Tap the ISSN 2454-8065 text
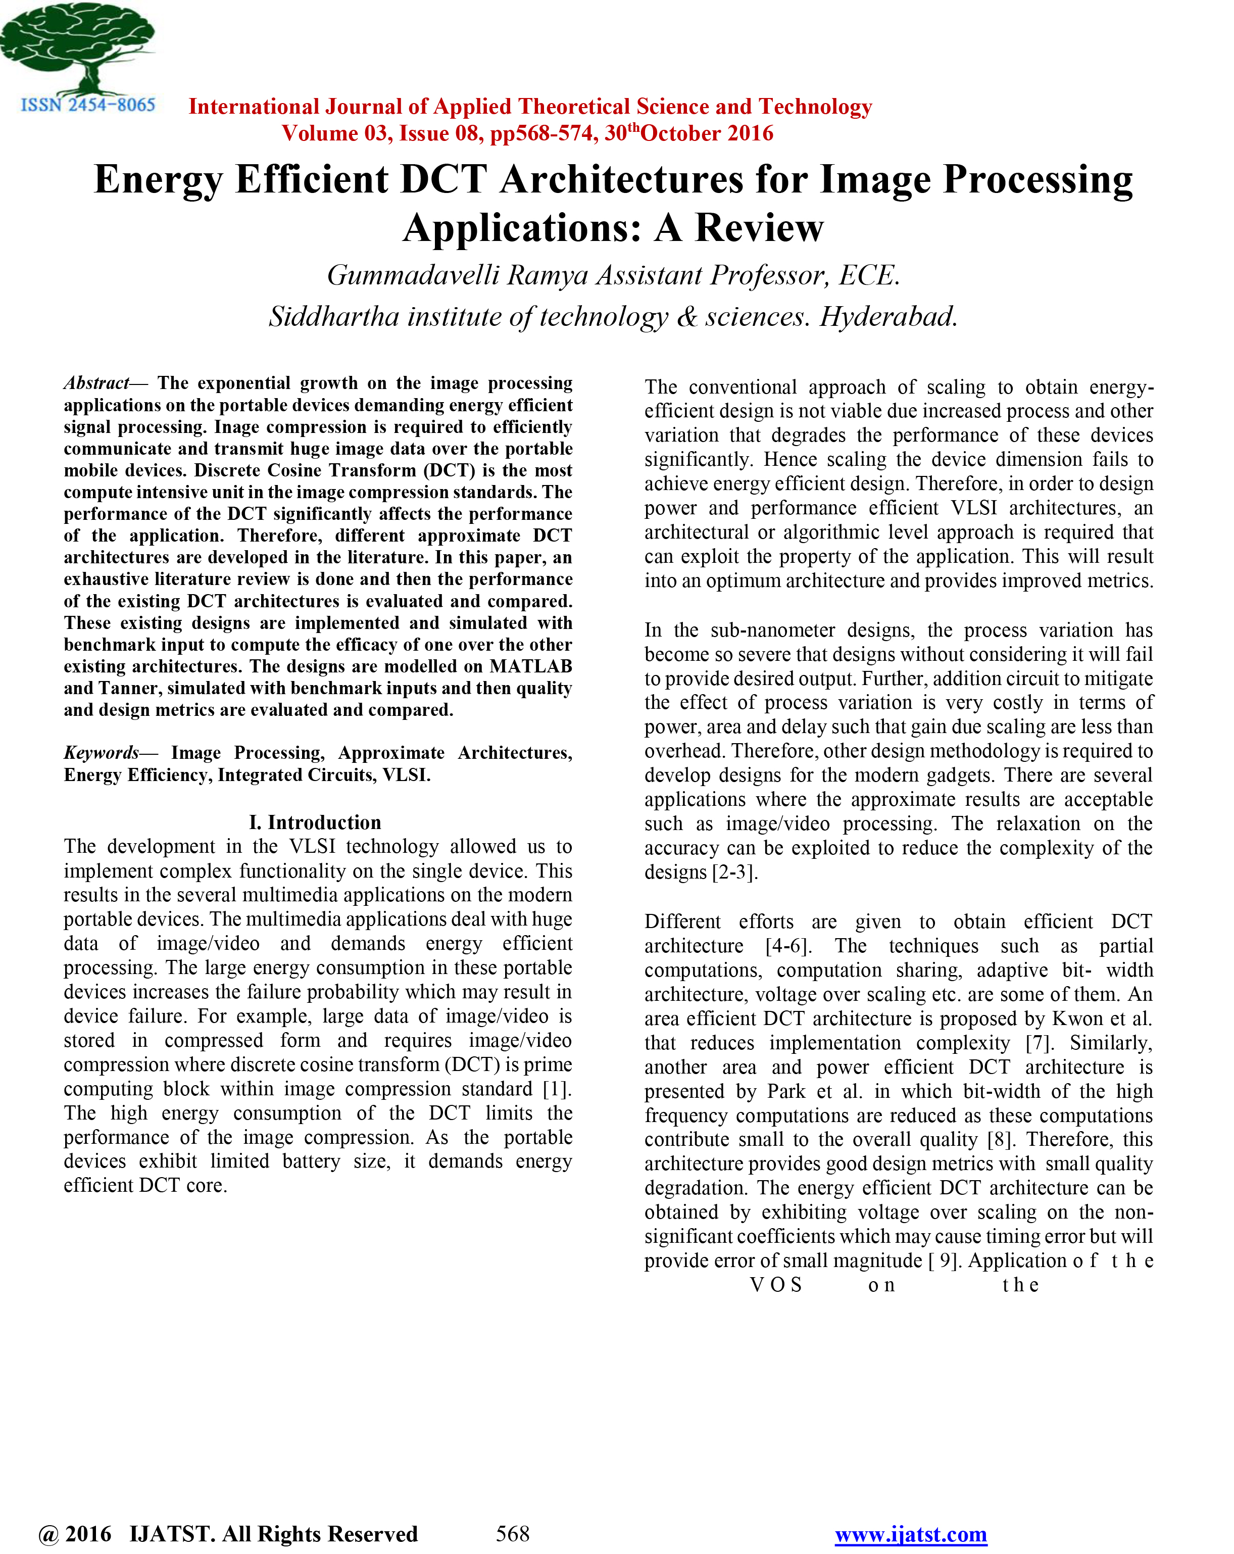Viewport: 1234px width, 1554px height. click(88, 105)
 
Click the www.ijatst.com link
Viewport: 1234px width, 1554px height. click(910, 1534)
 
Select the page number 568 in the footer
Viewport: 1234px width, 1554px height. click(513, 1533)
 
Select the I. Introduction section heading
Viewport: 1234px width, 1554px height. click(315, 822)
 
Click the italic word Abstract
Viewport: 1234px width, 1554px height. click(96, 383)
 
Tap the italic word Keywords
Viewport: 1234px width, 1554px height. click(101, 752)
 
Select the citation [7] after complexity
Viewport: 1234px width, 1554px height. click(1039, 1043)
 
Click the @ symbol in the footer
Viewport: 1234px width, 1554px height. click(48, 1534)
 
